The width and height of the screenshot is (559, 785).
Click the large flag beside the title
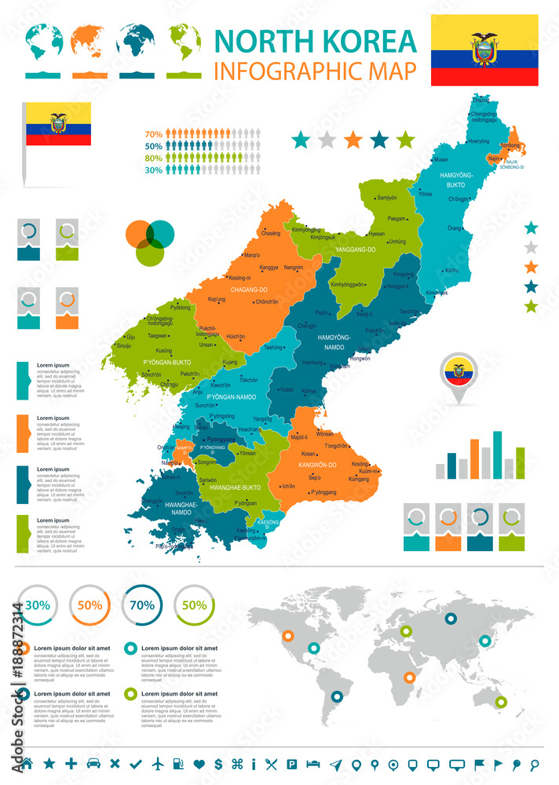point(484,50)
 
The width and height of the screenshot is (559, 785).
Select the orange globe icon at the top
point(90,41)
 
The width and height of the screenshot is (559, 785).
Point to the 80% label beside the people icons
point(153,158)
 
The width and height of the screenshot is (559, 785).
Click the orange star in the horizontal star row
point(353,141)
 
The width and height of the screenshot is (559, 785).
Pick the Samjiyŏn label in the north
point(386,198)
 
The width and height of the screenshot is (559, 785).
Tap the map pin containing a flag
point(459,374)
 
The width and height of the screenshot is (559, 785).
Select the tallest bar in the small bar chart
point(497,455)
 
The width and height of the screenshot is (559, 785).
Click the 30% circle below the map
point(37,605)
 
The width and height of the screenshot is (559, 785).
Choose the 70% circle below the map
point(141,605)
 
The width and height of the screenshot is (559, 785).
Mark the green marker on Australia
point(501,702)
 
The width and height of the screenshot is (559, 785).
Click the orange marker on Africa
point(409,677)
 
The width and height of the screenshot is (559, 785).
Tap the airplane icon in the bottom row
point(159,763)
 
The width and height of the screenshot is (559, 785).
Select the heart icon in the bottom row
point(199,763)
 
